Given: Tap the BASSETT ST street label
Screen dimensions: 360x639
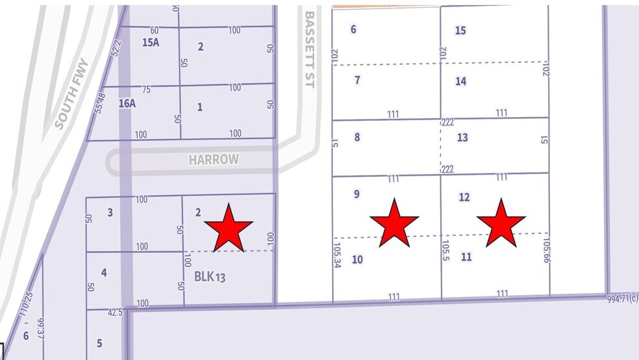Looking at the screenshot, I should [x=309, y=52].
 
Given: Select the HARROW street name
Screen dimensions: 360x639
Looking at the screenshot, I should [x=214, y=159].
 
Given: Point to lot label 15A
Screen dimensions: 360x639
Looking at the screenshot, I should [x=150, y=42].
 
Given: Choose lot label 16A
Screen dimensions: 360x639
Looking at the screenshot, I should [x=127, y=103].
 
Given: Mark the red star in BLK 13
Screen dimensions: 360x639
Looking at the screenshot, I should [x=228, y=227].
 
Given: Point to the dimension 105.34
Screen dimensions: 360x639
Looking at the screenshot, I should [x=336, y=256].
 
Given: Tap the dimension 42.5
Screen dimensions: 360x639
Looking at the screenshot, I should [x=116, y=312].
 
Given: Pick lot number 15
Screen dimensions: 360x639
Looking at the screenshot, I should [x=460, y=31].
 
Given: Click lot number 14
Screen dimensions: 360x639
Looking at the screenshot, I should [x=460, y=81].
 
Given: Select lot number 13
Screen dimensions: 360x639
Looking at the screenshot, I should [x=462, y=138].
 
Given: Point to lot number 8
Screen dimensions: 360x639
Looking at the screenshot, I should [x=357, y=137].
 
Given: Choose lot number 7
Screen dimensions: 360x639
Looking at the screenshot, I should [x=357, y=80].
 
